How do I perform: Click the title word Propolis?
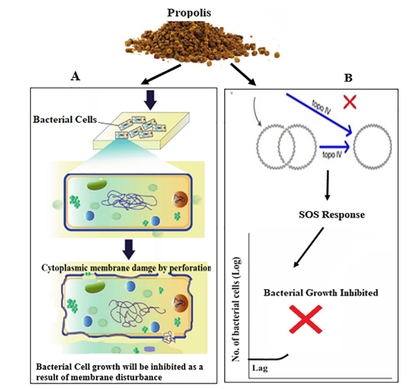[189, 13]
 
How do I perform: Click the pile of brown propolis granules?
[202, 43]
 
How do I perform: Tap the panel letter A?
[75, 77]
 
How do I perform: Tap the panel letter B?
[348, 78]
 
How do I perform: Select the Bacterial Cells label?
[65, 120]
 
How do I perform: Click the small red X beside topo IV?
[350, 102]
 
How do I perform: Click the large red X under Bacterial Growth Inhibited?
[306, 319]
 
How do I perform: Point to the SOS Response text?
[332, 215]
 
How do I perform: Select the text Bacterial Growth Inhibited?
[321, 293]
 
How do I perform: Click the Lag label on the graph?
[260, 368]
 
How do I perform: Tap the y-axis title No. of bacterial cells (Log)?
[236, 309]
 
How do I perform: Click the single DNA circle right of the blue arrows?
[373, 146]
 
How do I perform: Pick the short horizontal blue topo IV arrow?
[334, 146]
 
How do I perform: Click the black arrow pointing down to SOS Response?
[328, 185]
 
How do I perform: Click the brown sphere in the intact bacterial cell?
[180, 200]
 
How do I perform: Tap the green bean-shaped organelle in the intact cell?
[97, 184]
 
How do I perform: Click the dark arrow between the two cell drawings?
[130, 249]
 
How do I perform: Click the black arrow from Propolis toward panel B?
[243, 75]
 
